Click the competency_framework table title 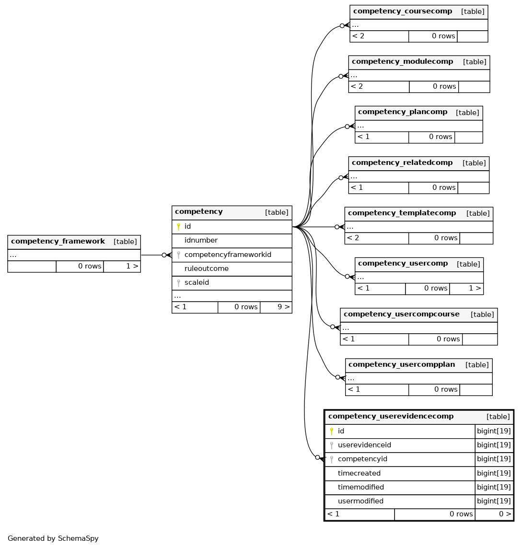(58, 241)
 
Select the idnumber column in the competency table (201, 240)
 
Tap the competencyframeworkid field (228, 255)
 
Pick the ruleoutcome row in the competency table (207, 268)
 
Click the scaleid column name (197, 282)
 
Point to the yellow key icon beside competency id (178, 227)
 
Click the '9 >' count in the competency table (283, 307)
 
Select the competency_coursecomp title (403, 11)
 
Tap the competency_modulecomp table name (402, 61)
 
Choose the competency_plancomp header (403, 112)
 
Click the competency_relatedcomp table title (402, 163)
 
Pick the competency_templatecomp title (402, 213)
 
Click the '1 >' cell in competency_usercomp (475, 288)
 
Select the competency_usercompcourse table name (402, 314)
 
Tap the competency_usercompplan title (402, 364)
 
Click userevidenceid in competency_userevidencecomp (364, 445)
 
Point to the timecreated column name (359, 473)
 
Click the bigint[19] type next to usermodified (494, 501)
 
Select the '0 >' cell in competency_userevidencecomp (505, 514)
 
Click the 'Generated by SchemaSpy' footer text (53, 538)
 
